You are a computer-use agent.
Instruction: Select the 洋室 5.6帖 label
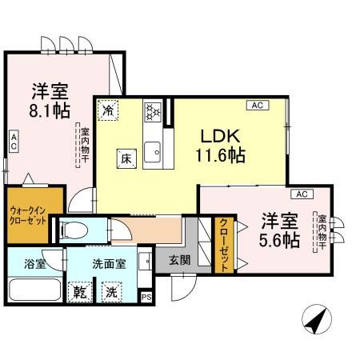tap(278, 230)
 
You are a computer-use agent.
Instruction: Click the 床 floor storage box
tap(126, 158)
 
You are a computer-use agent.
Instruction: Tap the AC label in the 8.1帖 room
tap(14, 142)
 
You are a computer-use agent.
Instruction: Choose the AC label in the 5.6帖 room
tap(302, 194)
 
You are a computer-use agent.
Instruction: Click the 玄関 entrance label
tap(180, 260)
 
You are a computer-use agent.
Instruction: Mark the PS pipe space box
tap(146, 296)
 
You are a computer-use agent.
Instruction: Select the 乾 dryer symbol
tap(80, 292)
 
